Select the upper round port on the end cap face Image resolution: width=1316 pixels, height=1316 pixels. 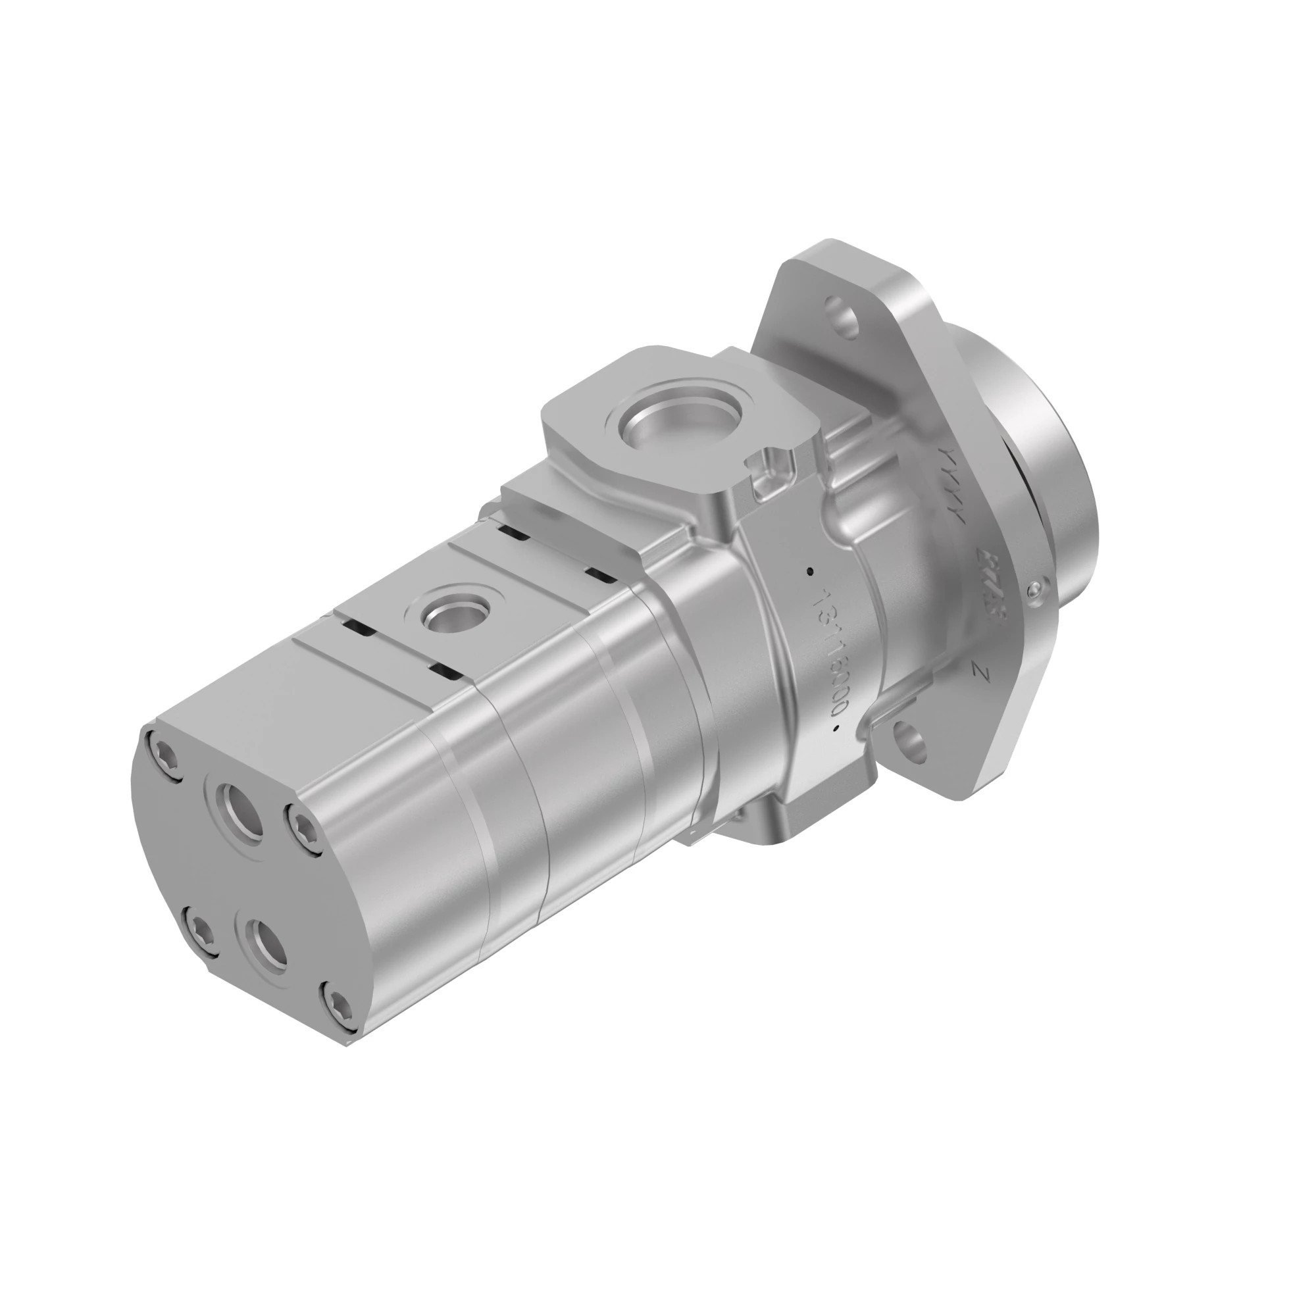pos(239,813)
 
